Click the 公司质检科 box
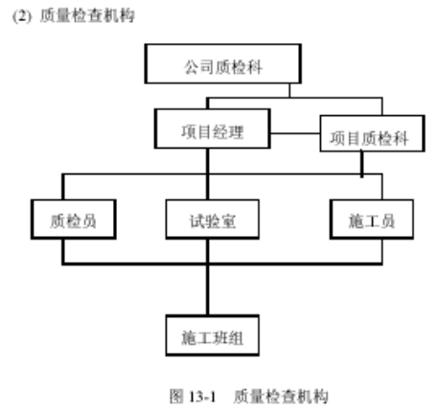pos(223,64)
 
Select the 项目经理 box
pos(213,128)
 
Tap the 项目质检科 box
pos(372,133)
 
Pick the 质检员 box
pos(74,220)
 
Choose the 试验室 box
pos(213,220)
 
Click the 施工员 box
pos(372,220)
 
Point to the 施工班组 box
pos(213,335)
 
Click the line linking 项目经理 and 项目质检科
pos(295,133)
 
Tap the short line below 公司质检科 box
pos(289,90)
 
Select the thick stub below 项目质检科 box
pos(361,164)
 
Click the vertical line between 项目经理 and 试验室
pos(208,174)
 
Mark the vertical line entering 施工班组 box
pos(208,289)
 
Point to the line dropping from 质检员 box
pos(63,251)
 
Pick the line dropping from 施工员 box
pos(381,251)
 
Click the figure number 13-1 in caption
pos(202,397)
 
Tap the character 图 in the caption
pos(176,396)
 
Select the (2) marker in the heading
pos(22,16)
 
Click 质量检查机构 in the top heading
pos(87,15)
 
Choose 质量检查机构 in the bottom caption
pos(281,396)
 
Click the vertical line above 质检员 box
pos(63,187)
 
